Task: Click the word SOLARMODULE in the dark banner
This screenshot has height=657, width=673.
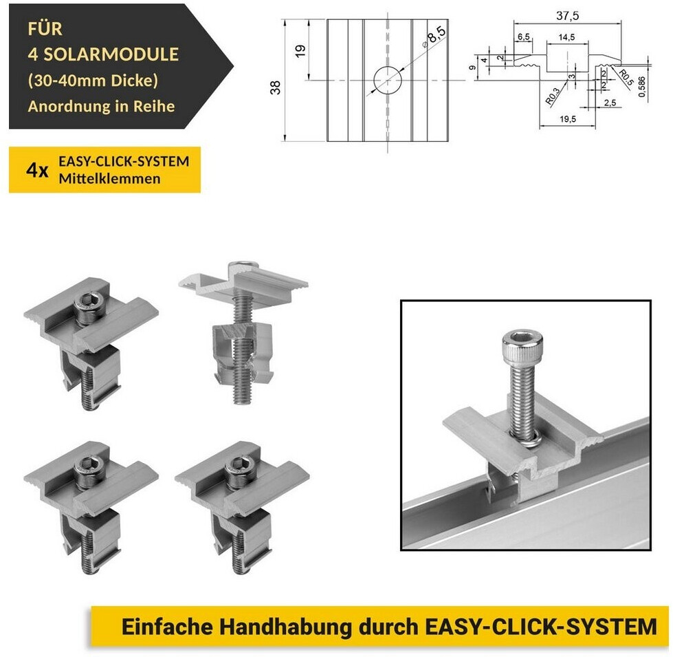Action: (111, 54)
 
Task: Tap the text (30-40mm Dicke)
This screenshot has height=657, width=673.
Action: (93, 80)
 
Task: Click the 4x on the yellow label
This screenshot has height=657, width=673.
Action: (37, 171)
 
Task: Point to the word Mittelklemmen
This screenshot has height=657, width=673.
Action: (109, 179)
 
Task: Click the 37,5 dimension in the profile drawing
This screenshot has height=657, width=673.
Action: (567, 16)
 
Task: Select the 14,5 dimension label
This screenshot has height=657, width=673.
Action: (566, 37)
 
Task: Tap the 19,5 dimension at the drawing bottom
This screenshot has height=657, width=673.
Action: (567, 119)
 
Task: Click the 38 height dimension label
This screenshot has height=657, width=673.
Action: (275, 87)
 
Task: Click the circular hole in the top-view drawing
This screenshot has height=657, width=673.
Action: (388, 80)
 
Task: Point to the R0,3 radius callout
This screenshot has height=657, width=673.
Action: (553, 96)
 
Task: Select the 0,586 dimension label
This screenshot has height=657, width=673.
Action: (641, 87)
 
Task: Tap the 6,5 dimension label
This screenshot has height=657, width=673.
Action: (524, 37)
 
